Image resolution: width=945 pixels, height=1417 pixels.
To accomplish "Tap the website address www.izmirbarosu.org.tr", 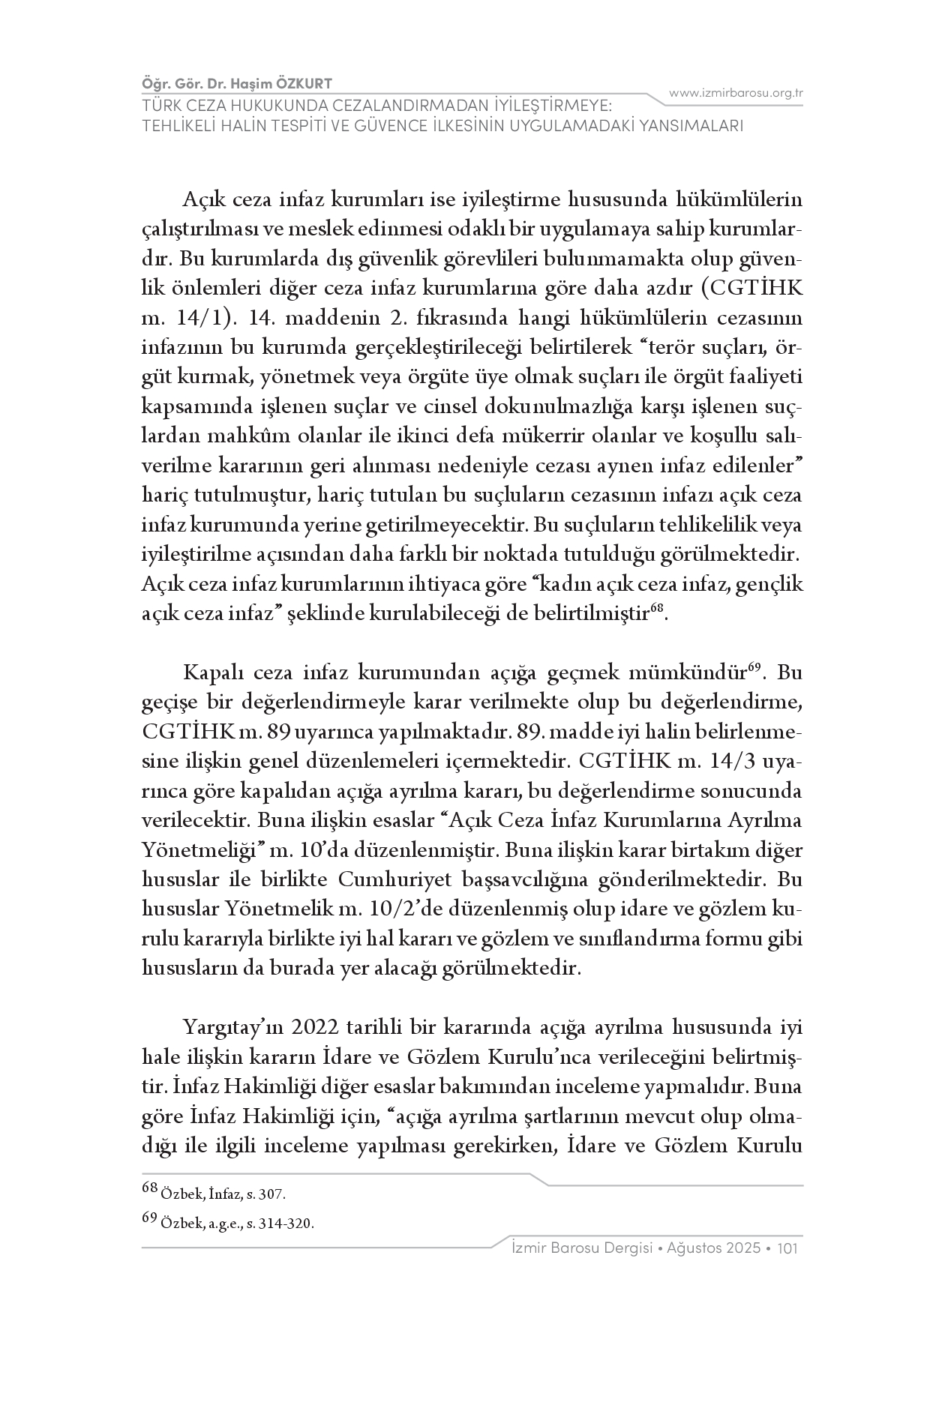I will [736, 93].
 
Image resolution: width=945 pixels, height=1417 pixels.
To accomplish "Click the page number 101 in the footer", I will [791, 1248].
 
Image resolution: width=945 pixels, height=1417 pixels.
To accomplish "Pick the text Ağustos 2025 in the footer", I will [713, 1248].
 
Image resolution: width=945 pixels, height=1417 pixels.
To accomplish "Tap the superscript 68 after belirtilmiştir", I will [657, 609].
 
